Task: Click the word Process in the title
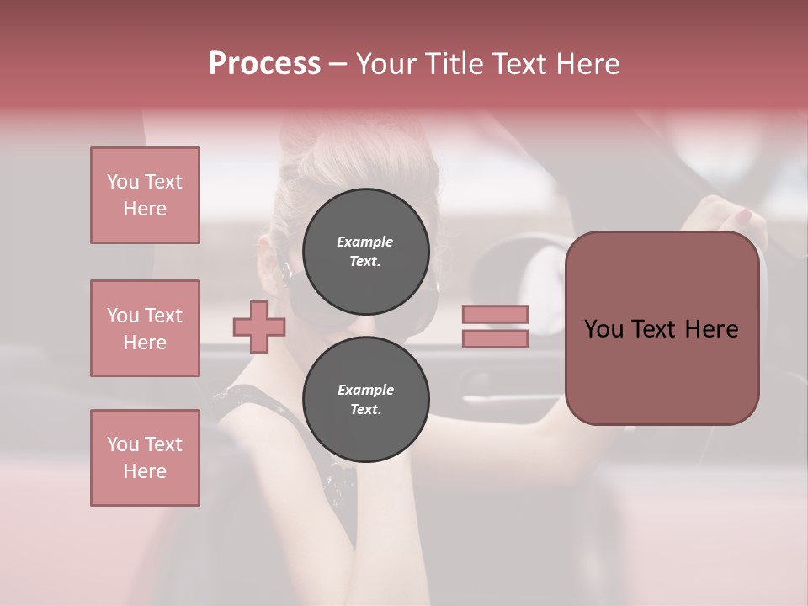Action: [264, 64]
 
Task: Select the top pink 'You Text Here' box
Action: [145, 195]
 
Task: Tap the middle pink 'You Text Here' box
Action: [145, 328]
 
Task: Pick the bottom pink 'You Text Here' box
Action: [145, 458]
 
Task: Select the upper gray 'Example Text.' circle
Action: [365, 251]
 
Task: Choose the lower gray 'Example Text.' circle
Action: [365, 399]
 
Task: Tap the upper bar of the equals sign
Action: [495, 315]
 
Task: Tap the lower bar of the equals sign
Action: [495, 339]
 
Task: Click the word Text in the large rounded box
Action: [661, 329]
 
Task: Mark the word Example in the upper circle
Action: [365, 242]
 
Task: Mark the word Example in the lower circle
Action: [365, 390]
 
